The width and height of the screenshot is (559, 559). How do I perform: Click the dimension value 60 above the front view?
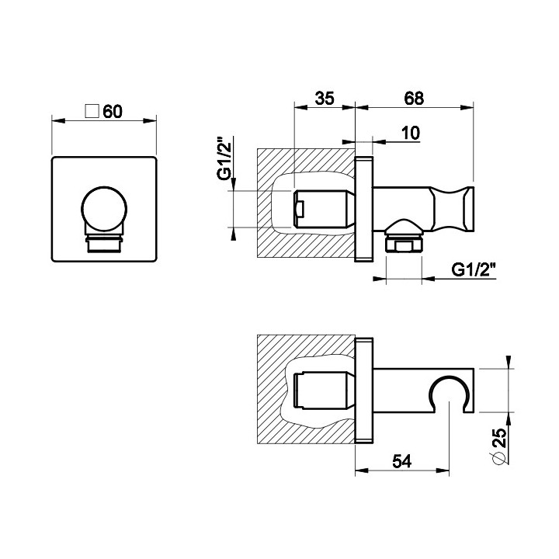point(113,112)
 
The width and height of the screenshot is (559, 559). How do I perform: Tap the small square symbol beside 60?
point(91,111)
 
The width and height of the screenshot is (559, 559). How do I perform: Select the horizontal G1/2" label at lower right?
point(474,270)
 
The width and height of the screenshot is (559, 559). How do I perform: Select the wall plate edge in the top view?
point(363,391)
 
